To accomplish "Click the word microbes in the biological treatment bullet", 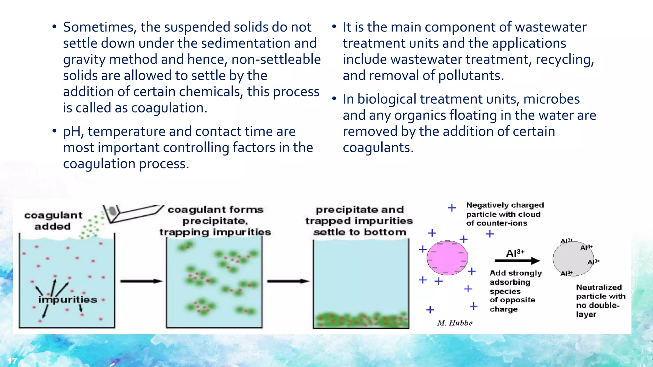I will click(551, 99).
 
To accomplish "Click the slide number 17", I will click(12, 361).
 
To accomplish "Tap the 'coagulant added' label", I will click(53, 221).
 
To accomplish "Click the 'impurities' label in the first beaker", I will click(68, 299).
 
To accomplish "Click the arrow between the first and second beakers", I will click(142, 281).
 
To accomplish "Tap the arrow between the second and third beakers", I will click(288, 281).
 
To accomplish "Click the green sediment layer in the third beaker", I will click(361, 320).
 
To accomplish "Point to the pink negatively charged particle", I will click(447, 258).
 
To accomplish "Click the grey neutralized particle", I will click(573, 259).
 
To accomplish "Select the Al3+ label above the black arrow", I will click(515, 253).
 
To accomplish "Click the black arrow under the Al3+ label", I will click(517, 261).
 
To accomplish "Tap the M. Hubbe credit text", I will click(455, 323).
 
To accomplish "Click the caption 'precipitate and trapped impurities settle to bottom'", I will click(359, 221).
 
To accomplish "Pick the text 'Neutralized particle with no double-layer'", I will click(600, 301).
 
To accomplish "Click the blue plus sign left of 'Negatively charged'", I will click(451, 208).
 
